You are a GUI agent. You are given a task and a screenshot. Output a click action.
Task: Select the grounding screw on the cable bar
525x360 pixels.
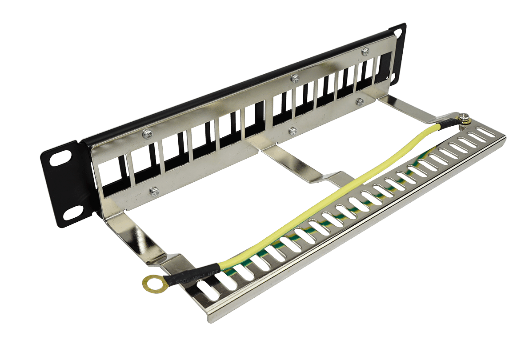(465, 118)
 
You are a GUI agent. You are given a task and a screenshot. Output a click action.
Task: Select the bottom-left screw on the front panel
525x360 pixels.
(154, 191)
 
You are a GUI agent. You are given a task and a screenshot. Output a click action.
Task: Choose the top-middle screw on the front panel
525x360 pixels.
(294, 79)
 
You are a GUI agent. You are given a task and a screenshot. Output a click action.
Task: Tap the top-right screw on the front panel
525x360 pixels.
(365, 51)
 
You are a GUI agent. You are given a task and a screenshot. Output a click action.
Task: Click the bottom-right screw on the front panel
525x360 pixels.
(358, 101)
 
